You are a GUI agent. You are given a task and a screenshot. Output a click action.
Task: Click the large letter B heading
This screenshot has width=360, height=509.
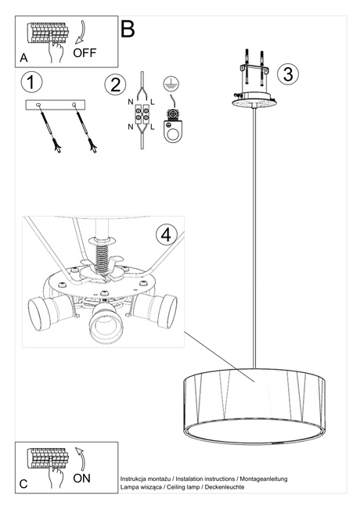(x=128, y=30)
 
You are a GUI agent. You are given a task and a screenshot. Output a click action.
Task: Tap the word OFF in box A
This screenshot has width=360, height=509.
(x=85, y=53)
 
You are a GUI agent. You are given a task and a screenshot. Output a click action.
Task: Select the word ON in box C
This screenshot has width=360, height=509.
(x=82, y=476)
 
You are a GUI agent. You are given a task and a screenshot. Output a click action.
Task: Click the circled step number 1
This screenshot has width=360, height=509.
(x=31, y=83)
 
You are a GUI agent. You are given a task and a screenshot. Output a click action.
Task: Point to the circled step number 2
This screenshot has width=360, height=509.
(x=115, y=84)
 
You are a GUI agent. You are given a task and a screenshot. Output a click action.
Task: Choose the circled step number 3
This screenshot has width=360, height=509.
(x=288, y=74)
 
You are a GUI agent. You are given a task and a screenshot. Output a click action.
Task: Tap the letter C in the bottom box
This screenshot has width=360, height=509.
(x=23, y=484)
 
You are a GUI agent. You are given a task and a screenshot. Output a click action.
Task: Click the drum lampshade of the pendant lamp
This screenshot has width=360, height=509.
(x=254, y=395)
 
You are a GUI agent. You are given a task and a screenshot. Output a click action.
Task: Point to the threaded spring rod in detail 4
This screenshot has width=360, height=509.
(x=99, y=254)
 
